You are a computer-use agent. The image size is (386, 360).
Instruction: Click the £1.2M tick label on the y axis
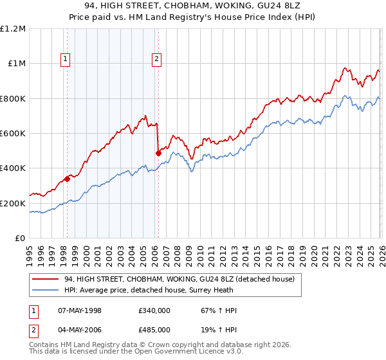pyautogui.click(x=13, y=29)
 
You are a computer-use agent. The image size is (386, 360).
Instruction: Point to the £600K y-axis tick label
pyautogui.click(x=13, y=134)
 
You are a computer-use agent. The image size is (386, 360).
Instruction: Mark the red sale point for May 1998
pyautogui.click(x=67, y=179)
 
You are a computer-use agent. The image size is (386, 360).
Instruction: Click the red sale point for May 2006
pyautogui.click(x=158, y=154)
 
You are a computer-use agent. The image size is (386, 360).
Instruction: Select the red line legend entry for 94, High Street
pyautogui.click(x=179, y=279)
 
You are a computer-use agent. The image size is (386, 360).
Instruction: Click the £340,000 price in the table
pyautogui.click(x=154, y=310)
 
